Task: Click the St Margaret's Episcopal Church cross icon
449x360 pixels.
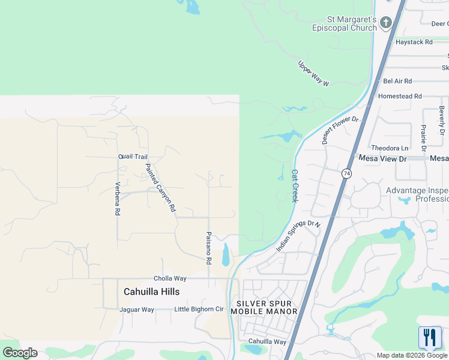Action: click(x=385, y=23)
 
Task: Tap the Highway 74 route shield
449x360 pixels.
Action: click(x=346, y=173)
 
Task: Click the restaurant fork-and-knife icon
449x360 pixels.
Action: click(x=429, y=338)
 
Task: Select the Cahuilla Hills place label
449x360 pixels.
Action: click(x=151, y=292)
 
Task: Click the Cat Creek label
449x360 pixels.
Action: click(x=294, y=185)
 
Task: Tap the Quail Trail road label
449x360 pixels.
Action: click(x=133, y=157)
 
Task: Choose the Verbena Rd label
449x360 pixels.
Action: click(x=118, y=199)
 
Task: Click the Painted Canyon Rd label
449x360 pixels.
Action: click(x=160, y=188)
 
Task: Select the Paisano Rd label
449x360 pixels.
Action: click(x=208, y=248)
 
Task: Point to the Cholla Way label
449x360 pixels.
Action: click(x=170, y=278)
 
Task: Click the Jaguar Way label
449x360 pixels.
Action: click(x=137, y=310)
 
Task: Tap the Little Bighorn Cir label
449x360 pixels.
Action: click(x=199, y=310)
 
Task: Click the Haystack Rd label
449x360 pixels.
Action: click(x=414, y=42)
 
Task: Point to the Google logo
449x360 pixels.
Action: click(x=20, y=353)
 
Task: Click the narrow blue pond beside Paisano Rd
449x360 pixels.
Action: click(x=226, y=254)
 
